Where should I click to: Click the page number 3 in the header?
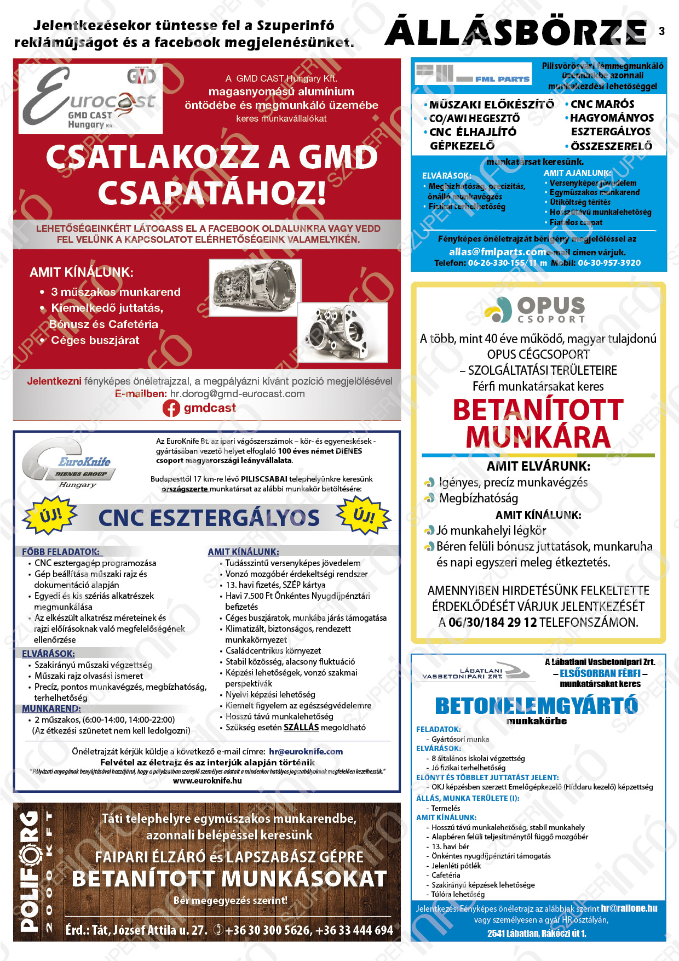tap(661, 31)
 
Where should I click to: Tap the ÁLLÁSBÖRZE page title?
tap(516, 32)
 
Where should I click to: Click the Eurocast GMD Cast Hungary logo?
tap(91, 99)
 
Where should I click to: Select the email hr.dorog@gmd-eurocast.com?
tap(237, 394)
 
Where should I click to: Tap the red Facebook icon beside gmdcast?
tap(171, 408)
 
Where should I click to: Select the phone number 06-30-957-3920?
tap(609, 263)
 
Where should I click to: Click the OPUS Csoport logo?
tap(534, 310)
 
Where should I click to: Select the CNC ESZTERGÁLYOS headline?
tap(209, 518)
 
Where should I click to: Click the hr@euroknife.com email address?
tap(306, 752)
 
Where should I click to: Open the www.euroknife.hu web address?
tap(207, 781)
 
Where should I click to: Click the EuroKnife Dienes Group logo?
tap(69, 464)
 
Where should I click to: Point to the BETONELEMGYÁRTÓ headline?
tap(537, 706)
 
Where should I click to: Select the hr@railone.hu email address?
tap(629, 908)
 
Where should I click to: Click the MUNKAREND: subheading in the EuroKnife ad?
tap(51, 708)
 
